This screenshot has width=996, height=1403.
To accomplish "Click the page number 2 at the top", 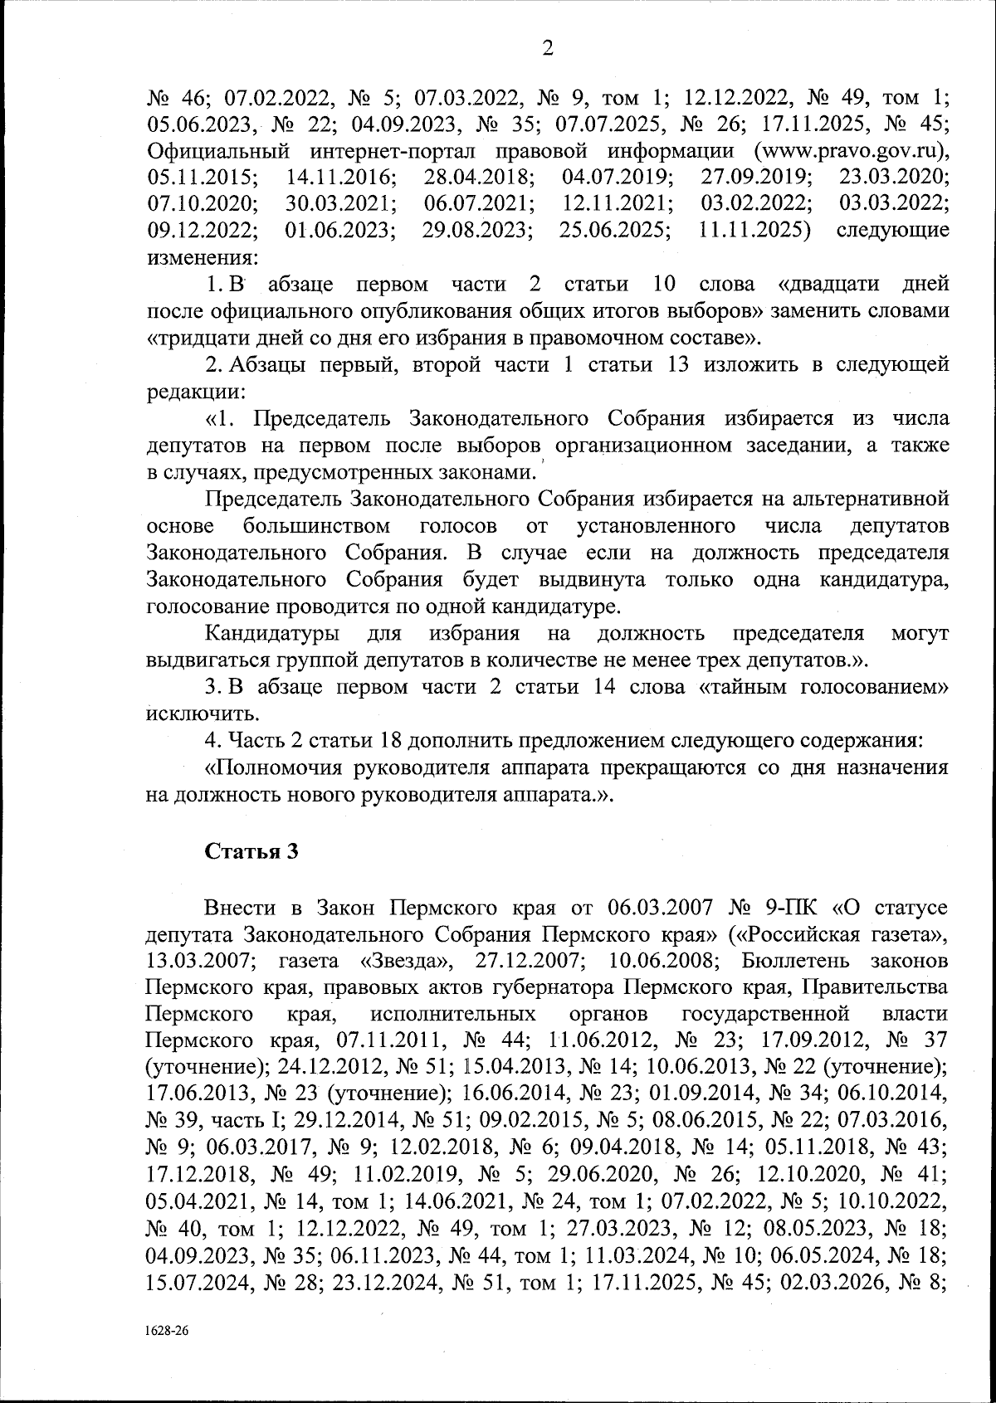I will [x=547, y=48].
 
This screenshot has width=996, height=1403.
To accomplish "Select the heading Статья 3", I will [x=251, y=851].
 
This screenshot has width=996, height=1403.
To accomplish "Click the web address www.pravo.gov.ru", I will [x=851, y=151].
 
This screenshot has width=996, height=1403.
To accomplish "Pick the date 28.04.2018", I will [x=479, y=178].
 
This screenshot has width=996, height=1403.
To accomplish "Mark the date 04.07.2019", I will [x=618, y=178].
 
